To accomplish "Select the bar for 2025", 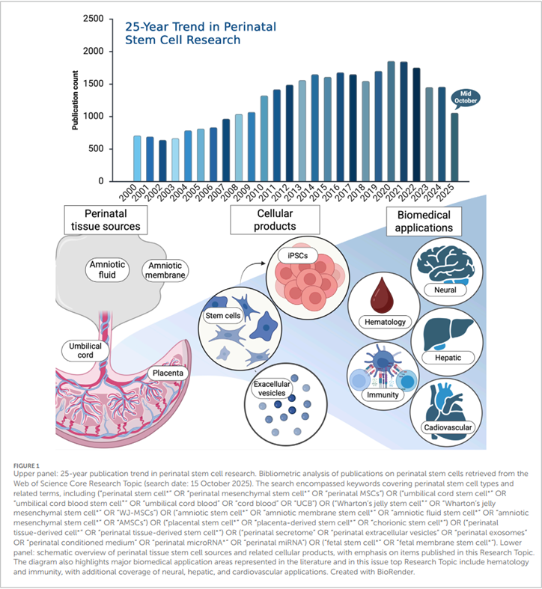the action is (x=454, y=147).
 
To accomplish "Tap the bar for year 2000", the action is (x=137, y=159).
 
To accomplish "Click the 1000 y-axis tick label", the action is (x=93, y=116).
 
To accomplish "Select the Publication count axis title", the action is (x=75, y=100).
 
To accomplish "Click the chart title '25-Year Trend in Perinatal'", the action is (x=201, y=27).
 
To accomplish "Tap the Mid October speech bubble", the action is (x=466, y=98).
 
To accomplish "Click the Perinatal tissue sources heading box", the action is (x=106, y=220).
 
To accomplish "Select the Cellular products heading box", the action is (x=275, y=220).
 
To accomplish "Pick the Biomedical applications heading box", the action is (x=424, y=222).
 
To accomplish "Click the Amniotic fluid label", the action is (x=107, y=269).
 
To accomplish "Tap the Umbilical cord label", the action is (x=85, y=350).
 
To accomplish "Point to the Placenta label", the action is (x=168, y=373).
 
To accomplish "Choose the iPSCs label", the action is (x=298, y=255).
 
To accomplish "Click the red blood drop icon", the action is (x=382, y=296).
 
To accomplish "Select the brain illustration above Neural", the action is (x=445, y=264).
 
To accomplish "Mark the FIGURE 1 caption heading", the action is (x=26, y=466).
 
